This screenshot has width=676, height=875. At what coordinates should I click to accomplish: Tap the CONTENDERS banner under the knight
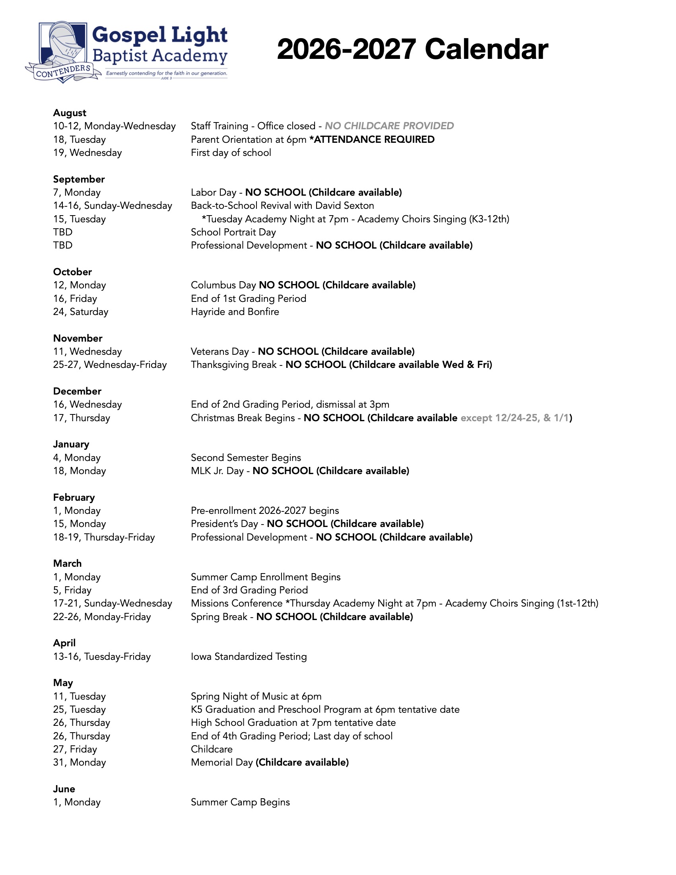pos(63,72)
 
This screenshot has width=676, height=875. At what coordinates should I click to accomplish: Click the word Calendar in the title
pos(486,50)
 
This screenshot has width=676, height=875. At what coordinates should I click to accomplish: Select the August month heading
pos(70,113)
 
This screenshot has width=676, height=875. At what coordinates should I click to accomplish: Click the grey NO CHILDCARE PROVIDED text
pos(389,126)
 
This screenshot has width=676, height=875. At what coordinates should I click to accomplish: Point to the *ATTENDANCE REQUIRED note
pos(372,140)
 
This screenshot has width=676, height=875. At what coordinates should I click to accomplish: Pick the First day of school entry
pos(231,153)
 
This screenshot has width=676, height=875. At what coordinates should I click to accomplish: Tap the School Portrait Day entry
pos(233,232)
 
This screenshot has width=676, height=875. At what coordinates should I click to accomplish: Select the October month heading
pos(72,272)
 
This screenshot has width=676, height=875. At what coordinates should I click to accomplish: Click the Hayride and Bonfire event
pos(235,312)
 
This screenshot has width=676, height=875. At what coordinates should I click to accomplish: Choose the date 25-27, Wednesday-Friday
pos(110,365)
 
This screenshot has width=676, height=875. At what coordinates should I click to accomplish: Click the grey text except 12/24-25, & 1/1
pos(515,418)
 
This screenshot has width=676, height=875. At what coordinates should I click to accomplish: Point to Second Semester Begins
pos(245,457)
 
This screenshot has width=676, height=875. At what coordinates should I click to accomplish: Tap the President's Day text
pos(224,524)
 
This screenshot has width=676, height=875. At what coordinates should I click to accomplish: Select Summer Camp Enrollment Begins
pos(266,577)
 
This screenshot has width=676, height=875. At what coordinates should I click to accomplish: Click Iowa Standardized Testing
pos(249,657)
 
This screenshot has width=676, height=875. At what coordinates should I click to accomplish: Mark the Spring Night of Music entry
pos(256,696)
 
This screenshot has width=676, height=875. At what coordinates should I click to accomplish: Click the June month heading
pos(64,789)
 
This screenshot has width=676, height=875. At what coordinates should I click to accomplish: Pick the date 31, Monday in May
pos(79,762)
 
